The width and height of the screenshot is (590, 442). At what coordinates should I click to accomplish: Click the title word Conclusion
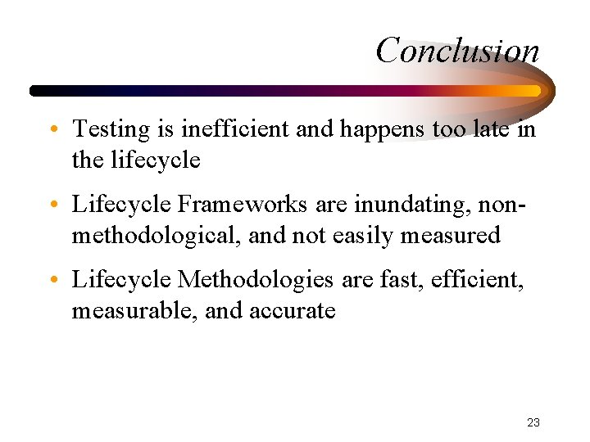(x=457, y=50)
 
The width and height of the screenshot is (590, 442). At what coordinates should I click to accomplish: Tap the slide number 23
(x=533, y=423)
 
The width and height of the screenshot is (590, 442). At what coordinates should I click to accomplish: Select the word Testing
(x=111, y=129)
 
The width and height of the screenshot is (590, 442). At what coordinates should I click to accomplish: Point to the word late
(x=488, y=129)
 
